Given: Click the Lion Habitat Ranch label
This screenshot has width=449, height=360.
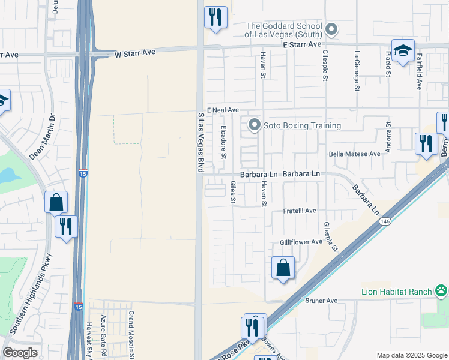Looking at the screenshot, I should click(x=396, y=292).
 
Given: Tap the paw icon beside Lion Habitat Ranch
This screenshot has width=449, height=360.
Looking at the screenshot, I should click(x=441, y=292).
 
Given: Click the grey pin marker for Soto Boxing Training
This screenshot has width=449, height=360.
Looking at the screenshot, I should click(x=255, y=125).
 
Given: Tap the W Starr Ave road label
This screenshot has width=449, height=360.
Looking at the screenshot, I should click(x=135, y=53).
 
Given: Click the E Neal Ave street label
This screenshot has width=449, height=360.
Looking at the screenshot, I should click(x=223, y=110).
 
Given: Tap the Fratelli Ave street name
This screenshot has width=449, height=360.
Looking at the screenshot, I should click(x=300, y=211).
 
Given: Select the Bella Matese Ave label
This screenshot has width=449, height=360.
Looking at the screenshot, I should click(x=355, y=154).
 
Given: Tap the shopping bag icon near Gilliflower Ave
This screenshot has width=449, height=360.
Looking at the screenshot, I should click(x=283, y=268).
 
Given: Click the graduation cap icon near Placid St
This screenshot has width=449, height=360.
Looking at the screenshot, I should click(x=403, y=50).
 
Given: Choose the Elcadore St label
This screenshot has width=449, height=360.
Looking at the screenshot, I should click(x=224, y=142).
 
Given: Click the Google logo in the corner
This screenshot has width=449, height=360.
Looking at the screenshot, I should click(x=20, y=353).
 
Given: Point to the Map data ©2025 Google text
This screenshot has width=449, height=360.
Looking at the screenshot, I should click(x=412, y=355).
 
